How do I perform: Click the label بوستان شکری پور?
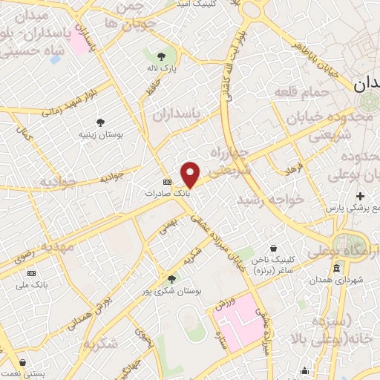point(172,292)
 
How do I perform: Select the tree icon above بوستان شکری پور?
point(172,280)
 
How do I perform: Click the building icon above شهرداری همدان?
point(337,268)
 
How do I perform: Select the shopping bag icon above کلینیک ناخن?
point(275,248)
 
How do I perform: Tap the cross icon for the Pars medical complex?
point(360,196)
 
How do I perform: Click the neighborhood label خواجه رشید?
point(271,200)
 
